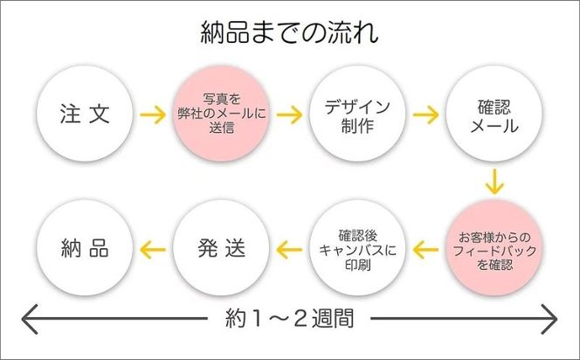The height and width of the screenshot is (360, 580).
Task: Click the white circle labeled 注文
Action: pyautogui.click(x=86, y=114)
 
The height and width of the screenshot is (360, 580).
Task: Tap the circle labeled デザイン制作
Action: pyautogui.click(x=358, y=114)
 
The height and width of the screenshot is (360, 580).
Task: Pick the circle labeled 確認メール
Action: pyautogui.click(x=494, y=114)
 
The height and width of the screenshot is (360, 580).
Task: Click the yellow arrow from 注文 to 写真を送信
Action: pyautogui.click(x=154, y=114)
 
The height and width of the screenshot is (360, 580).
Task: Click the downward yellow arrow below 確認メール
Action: pyautogui.click(x=495, y=183)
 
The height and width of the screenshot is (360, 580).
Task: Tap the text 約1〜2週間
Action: pyautogui.click(x=289, y=318)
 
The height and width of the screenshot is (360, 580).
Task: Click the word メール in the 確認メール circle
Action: pyautogui.click(x=494, y=126)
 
